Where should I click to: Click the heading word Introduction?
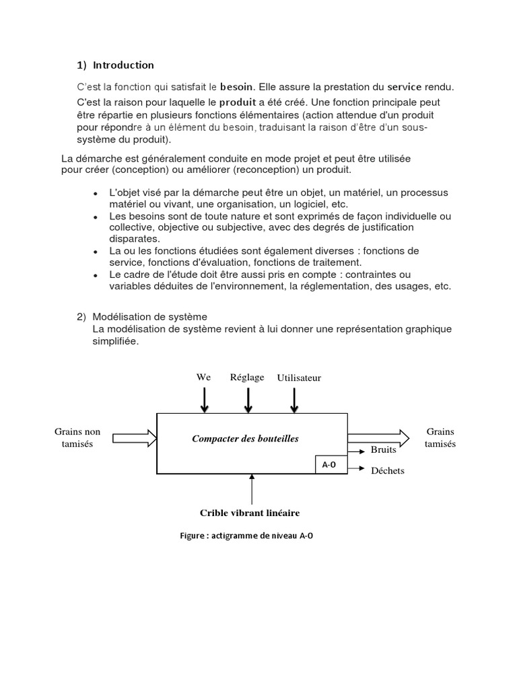(123, 65)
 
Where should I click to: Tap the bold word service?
(404, 87)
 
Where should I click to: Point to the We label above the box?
(203, 377)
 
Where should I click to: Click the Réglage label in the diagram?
(247, 377)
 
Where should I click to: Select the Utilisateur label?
(299, 377)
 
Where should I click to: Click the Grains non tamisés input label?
(77, 437)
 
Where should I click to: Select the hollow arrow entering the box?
(135, 439)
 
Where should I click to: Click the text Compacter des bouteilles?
(245, 439)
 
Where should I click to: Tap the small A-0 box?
(329, 465)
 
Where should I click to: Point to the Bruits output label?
(384, 449)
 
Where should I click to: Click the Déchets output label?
(388, 470)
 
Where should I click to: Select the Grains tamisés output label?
(440, 437)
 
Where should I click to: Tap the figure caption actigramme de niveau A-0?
(246, 536)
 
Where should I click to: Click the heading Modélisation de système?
(150, 316)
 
